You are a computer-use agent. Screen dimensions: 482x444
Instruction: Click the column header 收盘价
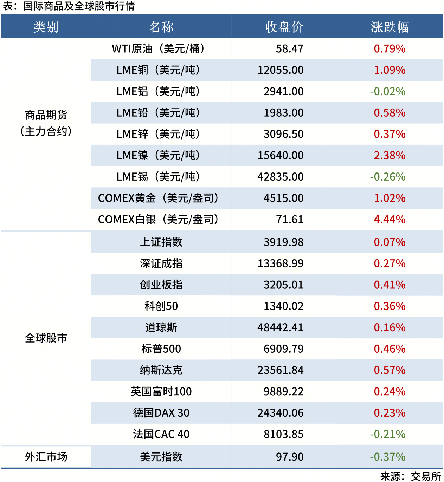click(x=284, y=27)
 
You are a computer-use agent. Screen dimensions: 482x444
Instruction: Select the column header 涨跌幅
click(x=390, y=27)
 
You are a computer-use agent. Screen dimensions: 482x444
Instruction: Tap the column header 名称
click(x=161, y=27)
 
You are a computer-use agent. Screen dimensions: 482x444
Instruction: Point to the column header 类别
click(x=46, y=27)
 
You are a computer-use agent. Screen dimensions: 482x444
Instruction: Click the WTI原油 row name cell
click(x=158, y=49)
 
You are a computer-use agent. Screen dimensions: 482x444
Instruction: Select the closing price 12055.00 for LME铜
click(x=281, y=70)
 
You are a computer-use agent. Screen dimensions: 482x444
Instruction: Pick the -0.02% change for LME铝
click(x=388, y=92)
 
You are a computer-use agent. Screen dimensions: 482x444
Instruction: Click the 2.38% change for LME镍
click(x=390, y=156)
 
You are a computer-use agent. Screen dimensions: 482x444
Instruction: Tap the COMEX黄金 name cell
click(x=158, y=198)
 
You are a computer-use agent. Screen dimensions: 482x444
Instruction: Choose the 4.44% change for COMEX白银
click(x=390, y=220)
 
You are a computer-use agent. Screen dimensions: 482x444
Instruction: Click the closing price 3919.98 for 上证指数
click(x=283, y=242)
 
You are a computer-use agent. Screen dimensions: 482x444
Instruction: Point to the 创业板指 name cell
click(x=161, y=285)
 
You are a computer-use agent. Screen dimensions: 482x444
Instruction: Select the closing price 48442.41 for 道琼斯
click(x=281, y=327)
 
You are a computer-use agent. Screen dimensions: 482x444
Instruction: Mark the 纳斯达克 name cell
click(x=161, y=370)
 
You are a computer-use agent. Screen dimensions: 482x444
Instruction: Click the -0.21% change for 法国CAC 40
click(x=388, y=434)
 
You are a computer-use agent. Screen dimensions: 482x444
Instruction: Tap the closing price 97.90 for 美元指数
click(x=290, y=457)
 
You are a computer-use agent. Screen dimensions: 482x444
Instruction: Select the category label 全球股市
click(x=46, y=338)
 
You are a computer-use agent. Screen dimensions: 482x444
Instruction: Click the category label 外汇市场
click(x=46, y=457)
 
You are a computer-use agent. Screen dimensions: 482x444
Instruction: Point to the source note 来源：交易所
click(x=410, y=476)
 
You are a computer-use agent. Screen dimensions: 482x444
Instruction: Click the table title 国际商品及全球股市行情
click(x=79, y=6)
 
